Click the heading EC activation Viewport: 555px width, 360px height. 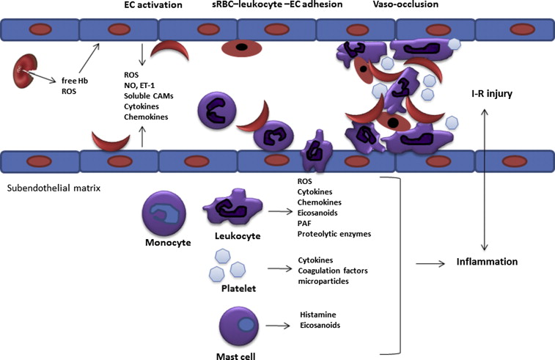click(x=152, y=6)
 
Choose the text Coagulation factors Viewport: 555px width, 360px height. click(x=332, y=270)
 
